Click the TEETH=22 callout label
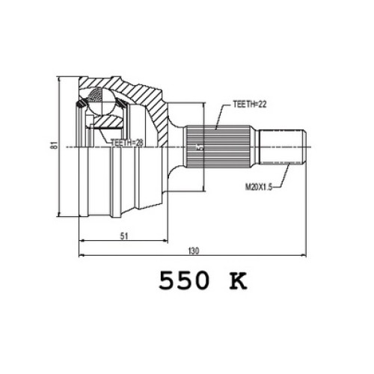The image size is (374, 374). point(250,104)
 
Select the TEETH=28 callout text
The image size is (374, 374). point(127,143)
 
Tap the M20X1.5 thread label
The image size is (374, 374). point(259,187)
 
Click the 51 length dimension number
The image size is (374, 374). point(124,236)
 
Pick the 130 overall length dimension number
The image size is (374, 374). point(194,251)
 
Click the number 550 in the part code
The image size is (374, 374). point(183,280)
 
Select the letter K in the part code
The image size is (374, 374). point(238,280)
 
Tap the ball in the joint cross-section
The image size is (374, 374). point(102,102)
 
